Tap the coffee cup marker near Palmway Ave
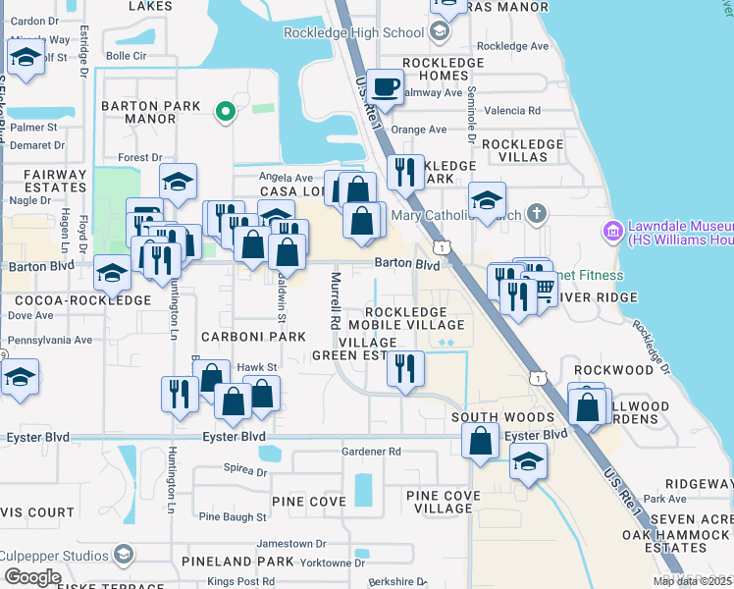click(387, 86)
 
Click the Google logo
click(32, 577)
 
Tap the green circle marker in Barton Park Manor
click(226, 111)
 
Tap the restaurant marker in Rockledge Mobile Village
click(405, 369)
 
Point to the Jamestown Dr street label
click(290, 543)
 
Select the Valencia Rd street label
click(520, 111)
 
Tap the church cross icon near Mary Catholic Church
click(536, 213)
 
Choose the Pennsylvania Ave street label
click(49, 340)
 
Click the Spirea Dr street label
click(246, 468)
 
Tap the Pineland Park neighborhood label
click(237, 562)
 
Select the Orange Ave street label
click(411, 130)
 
